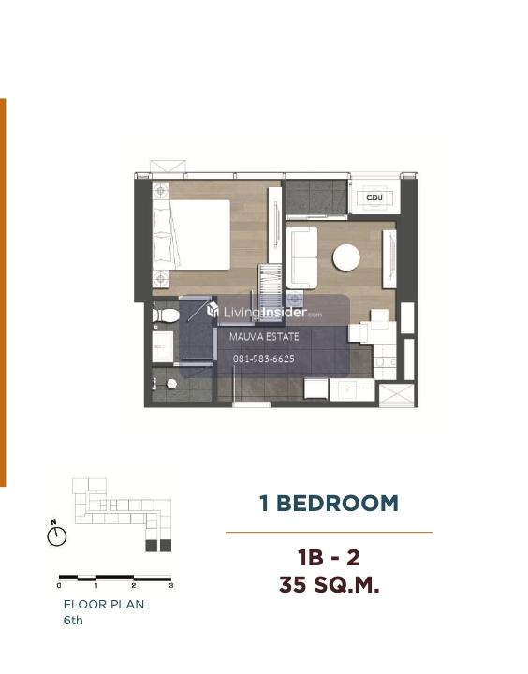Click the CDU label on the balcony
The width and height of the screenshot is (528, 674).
click(374, 198)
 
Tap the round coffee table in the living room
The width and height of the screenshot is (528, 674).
click(346, 257)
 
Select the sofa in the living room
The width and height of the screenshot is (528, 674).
click(301, 257)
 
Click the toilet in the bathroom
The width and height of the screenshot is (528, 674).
click(166, 315)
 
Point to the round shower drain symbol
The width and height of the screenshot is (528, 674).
click(171, 384)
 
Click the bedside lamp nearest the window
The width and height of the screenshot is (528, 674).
click(161, 190)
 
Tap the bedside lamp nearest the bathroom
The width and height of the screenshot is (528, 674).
click(161, 279)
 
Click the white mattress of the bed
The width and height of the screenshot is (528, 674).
click(200, 235)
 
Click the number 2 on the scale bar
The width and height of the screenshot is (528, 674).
click(134, 585)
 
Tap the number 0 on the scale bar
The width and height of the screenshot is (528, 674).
click(59, 585)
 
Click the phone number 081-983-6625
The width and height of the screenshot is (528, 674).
click(264, 359)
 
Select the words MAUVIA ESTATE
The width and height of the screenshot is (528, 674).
click(264, 337)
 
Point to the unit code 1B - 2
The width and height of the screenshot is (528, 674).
click(329, 558)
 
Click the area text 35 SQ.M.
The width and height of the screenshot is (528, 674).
click(329, 584)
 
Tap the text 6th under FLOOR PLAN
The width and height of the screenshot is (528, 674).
click(73, 621)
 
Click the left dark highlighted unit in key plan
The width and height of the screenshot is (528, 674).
click(151, 546)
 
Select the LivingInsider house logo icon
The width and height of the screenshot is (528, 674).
click(213, 310)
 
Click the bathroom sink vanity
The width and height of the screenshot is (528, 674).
click(163, 346)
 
